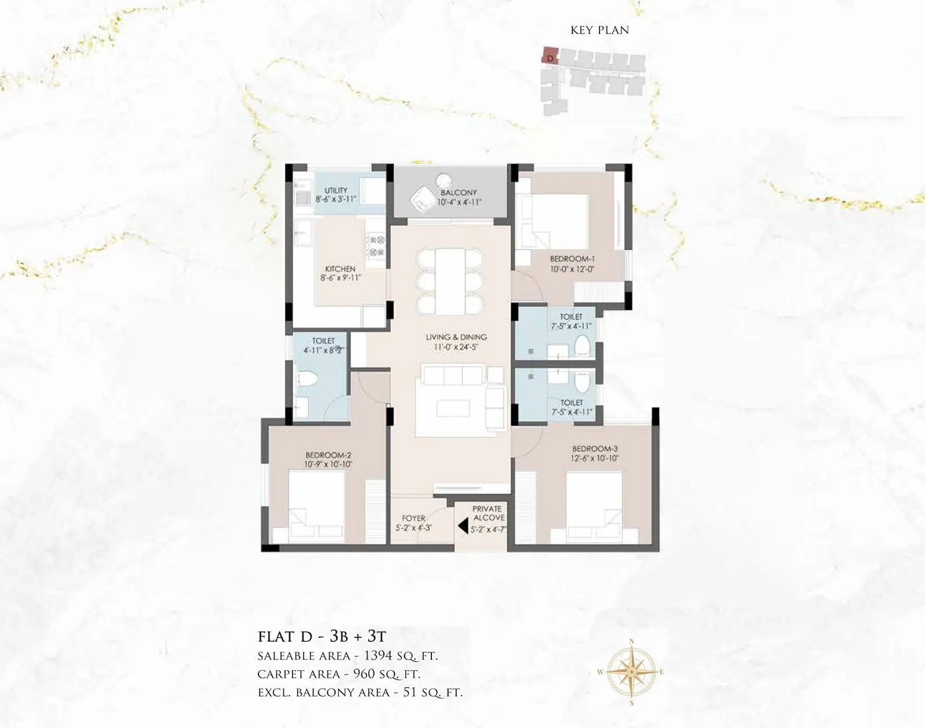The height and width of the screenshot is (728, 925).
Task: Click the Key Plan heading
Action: pyautogui.click(x=600, y=30)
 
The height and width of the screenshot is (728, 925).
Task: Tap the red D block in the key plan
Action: pyautogui.click(x=550, y=57)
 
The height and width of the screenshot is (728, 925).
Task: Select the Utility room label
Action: pyautogui.click(x=336, y=190)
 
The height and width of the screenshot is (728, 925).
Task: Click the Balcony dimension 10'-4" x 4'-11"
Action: pyautogui.click(x=459, y=202)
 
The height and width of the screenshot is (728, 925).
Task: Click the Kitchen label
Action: pyautogui.click(x=340, y=269)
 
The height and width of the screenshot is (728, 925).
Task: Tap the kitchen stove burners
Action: pyautogui.click(x=377, y=246)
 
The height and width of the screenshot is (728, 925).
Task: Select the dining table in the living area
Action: pyautogui.click(x=450, y=281)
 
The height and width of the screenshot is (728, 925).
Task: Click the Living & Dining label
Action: pyautogui.click(x=456, y=337)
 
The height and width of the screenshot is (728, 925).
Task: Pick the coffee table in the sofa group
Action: pyautogui.click(x=453, y=408)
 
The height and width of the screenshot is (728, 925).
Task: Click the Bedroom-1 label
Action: pyautogui.click(x=572, y=259)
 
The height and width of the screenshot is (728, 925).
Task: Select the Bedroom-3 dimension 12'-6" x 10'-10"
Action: pyautogui.click(x=595, y=458)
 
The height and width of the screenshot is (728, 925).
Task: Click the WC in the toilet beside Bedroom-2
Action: pyautogui.click(x=307, y=380)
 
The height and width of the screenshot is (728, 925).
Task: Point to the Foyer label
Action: pyautogui.click(x=413, y=518)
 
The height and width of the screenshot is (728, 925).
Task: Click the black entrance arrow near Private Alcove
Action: pyautogui.click(x=462, y=526)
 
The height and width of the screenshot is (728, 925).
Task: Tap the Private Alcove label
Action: pyautogui.click(x=487, y=513)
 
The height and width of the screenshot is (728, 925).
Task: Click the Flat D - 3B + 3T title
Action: pyautogui.click(x=321, y=637)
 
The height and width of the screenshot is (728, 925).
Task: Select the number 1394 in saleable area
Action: pyautogui.click(x=378, y=656)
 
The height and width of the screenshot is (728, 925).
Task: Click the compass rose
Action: pyautogui.click(x=631, y=673)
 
